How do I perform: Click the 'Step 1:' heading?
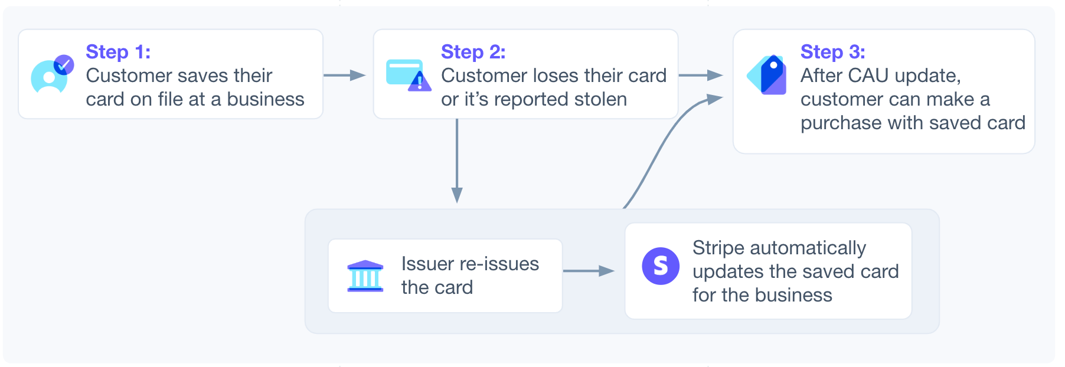pyautogui.click(x=118, y=52)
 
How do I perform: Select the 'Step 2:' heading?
pyautogui.click(x=473, y=52)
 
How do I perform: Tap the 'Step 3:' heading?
pyautogui.click(x=832, y=52)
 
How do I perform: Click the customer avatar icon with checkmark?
pyautogui.click(x=52, y=75)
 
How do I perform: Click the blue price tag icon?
pyautogui.click(x=767, y=75)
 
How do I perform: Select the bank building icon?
pyautogui.click(x=365, y=276)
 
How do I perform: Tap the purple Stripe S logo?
pyautogui.click(x=661, y=266)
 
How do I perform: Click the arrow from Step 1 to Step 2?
pyautogui.click(x=345, y=75)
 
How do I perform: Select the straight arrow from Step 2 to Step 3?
pyautogui.click(x=701, y=75)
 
